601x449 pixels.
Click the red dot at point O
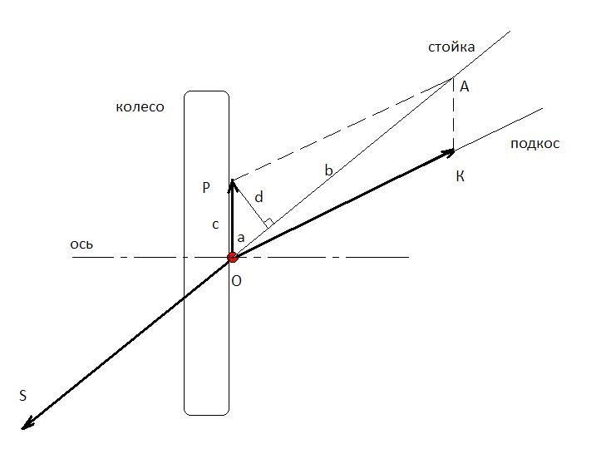233,257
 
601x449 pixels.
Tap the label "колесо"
140,106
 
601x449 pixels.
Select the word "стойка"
451,47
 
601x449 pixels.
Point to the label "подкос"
535,143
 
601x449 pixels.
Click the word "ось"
81,244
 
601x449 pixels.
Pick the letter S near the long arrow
23,395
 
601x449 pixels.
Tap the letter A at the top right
464,87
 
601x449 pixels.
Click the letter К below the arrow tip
461,177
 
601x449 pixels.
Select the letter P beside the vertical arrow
206,188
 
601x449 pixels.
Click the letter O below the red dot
236,281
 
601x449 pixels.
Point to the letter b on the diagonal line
328,170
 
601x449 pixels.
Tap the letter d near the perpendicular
259,197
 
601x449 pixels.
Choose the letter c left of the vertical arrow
215,224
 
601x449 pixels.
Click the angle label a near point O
241,238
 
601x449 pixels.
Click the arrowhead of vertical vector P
232,185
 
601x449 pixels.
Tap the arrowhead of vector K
449,153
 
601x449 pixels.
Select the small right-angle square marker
268,222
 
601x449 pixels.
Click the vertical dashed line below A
453,114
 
